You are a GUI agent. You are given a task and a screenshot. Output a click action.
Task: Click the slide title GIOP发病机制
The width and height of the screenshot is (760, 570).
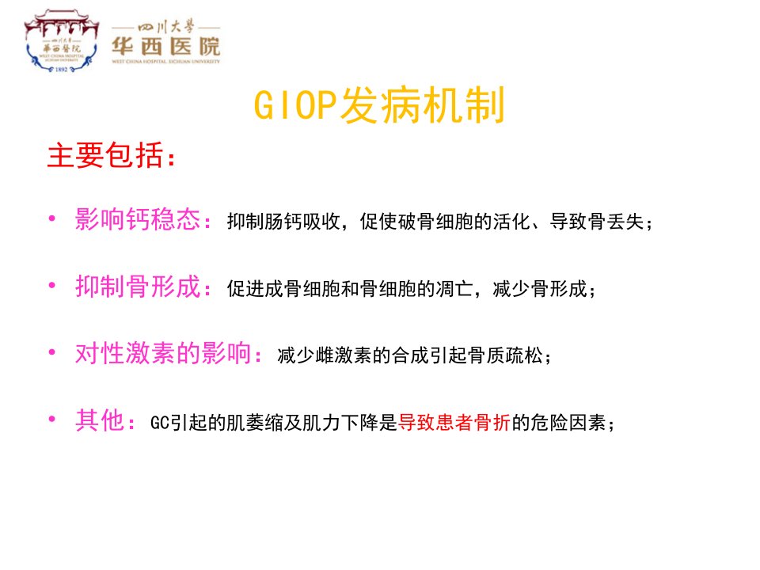tap(379, 105)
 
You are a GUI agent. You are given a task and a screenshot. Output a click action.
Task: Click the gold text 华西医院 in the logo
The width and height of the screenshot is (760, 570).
tap(165, 47)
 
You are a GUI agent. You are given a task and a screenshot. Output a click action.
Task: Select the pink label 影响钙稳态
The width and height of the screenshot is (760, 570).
tap(138, 219)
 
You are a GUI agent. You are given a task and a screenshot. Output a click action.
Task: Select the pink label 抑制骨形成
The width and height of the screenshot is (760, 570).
tap(138, 286)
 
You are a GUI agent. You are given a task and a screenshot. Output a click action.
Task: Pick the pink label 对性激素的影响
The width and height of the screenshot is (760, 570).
tap(163, 353)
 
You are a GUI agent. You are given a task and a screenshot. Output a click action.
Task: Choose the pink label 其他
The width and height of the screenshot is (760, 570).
tap(100, 420)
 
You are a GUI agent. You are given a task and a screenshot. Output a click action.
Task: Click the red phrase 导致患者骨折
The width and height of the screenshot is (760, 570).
tap(454, 422)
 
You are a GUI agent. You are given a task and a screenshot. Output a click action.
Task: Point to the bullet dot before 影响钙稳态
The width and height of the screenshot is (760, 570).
tap(52, 218)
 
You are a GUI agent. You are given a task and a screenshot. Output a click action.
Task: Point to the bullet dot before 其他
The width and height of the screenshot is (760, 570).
tap(52, 420)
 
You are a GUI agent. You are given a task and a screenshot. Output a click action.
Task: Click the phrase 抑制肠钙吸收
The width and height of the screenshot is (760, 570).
tap(283, 222)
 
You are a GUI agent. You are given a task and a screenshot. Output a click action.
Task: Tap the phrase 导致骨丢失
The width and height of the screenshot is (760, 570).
tap(597, 222)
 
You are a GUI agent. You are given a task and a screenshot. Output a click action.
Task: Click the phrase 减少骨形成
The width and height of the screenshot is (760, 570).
tap(539, 288)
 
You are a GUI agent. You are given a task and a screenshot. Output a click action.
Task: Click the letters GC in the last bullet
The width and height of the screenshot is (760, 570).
tap(159, 423)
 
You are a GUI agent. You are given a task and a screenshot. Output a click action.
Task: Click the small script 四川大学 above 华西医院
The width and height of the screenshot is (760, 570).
tap(165, 27)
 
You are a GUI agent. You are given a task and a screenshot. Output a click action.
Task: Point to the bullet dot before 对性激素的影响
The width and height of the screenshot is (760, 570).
tap(52, 352)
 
